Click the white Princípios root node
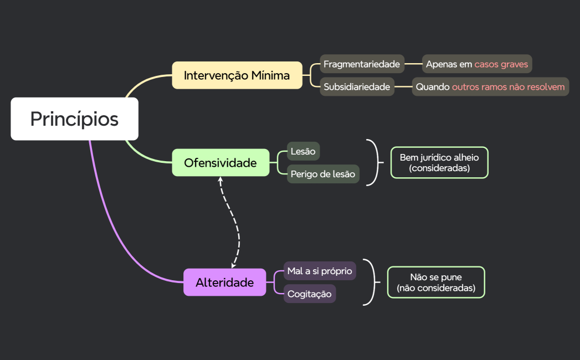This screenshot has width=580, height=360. (74, 119)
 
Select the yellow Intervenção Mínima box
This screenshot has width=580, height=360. (237, 75)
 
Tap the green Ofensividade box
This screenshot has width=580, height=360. (220, 163)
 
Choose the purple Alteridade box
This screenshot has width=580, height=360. (224, 282)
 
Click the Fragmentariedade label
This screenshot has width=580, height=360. (362, 64)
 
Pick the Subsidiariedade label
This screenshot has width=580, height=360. (357, 87)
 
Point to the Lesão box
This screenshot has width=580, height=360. (303, 151)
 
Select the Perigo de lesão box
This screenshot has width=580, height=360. (323, 174)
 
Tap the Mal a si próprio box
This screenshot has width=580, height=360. (320, 271)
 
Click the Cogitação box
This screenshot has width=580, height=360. (310, 294)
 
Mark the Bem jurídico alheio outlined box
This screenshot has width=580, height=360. (439, 163)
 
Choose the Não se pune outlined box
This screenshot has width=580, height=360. (436, 282)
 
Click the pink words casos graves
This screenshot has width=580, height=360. (501, 64)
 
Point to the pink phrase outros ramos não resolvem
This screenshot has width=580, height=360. (509, 87)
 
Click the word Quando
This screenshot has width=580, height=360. (433, 87)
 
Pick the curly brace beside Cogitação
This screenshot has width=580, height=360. (372, 282)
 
